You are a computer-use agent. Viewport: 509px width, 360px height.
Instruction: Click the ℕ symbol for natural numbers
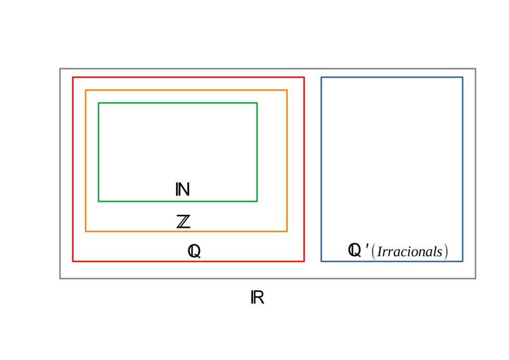[182, 189]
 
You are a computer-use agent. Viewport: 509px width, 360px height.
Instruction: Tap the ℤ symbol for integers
[183, 221]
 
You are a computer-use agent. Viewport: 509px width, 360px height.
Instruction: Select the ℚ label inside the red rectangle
[194, 251]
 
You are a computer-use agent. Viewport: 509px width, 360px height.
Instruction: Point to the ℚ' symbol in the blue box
[358, 250]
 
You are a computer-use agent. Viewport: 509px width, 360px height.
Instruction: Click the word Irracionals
[410, 252]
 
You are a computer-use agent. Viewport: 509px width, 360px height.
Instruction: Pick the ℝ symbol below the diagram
[257, 297]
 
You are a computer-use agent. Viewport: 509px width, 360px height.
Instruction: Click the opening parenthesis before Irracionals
[373, 252]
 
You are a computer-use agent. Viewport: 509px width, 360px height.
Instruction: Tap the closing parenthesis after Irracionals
[446, 252]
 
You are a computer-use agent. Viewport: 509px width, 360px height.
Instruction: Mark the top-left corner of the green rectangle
[99, 103]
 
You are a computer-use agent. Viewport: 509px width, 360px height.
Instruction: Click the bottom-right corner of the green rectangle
[257, 201]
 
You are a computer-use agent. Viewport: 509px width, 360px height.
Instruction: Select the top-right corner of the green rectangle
[257, 103]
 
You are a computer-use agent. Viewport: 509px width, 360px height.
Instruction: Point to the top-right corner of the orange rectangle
[287, 90]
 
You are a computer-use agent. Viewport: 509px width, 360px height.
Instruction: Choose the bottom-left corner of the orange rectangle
[85, 231]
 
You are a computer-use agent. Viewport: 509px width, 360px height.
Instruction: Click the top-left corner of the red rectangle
[73, 78]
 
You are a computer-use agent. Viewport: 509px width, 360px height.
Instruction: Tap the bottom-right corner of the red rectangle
[304, 261]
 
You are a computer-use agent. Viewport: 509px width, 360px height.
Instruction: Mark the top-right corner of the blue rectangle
[463, 78]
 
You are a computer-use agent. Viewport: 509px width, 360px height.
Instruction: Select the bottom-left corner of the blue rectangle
[322, 261]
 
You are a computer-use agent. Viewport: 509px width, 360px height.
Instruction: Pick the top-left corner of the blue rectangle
[322, 78]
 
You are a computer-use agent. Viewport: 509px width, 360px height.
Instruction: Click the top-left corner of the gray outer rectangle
[60, 69]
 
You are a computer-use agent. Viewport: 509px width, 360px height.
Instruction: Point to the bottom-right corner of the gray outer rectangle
[476, 278]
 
